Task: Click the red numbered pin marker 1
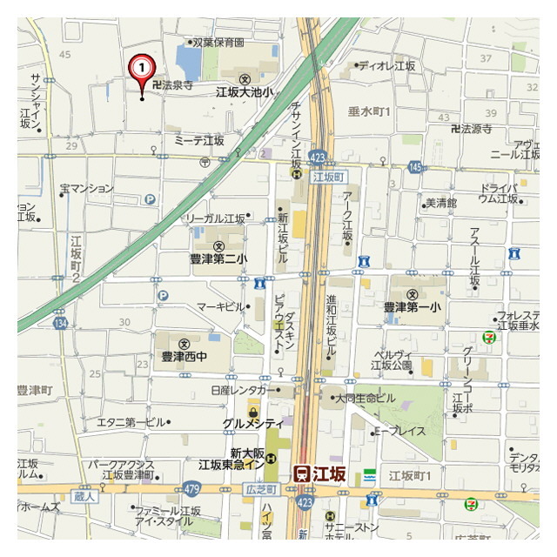coord(142,68)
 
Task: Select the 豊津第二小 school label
coord(218,258)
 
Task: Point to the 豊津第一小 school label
coord(413,306)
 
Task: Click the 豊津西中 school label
coord(184,356)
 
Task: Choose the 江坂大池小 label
coord(245,91)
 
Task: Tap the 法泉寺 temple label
coord(172,85)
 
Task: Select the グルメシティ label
coord(252,424)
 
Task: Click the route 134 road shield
coord(60,323)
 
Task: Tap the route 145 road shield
coord(414,166)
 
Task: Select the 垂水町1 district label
coord(370,111)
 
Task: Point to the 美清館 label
coord(440,203)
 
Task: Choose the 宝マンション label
coord(86,188)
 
